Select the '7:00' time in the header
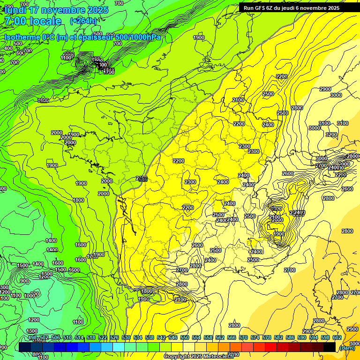(x=15, y=21)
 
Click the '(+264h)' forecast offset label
(x=83, y=21)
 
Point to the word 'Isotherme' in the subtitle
(x=22, y=37)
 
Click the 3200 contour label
(x=331, y=135)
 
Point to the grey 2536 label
(x=142, y=179)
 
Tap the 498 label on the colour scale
(x=32, y=337)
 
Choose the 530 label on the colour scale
(x=126, y=337)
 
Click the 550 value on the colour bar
(x=185, y=337)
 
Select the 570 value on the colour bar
(x=243, y=337)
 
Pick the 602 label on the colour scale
(x=337, y=337)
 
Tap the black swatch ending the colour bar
(x=330, y=347)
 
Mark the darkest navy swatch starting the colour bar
(x=25, y=347)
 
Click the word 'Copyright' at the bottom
(x=177, y=357)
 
